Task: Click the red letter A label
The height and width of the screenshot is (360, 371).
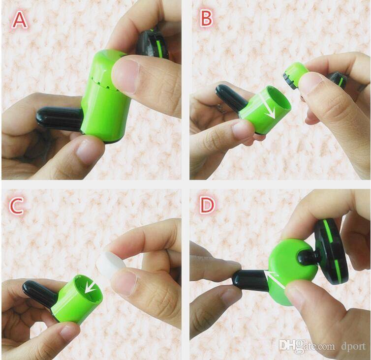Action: (x=20, y=20)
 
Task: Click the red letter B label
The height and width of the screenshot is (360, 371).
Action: (x=206, y=19)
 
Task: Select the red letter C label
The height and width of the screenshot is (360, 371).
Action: (x=16, y=206)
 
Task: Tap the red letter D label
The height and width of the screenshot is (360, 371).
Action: (x=207, y=205)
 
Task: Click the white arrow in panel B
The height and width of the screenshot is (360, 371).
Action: (x=267, y=106)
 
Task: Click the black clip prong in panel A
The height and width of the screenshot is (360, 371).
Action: (x=59, y=118)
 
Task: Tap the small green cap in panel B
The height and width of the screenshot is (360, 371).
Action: (x=296, y=75)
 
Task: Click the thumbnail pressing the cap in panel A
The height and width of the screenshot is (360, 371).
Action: (x=125, y=76)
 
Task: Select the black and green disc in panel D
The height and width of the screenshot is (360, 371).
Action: (x=332, y=254)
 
